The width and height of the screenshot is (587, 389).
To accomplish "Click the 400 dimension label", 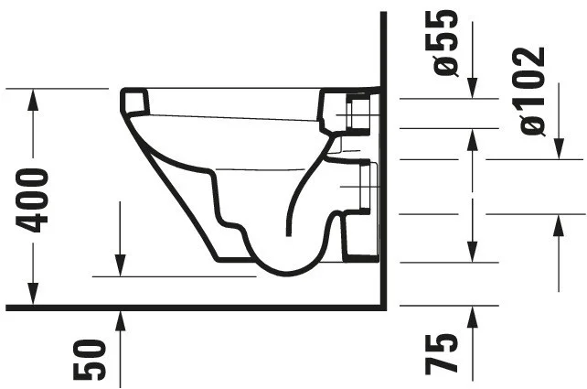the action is pos(32,200).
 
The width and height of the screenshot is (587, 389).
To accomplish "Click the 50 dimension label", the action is pos(90,360).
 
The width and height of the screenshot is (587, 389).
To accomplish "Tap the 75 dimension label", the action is pos(442,354).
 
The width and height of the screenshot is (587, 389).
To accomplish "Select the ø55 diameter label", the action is pos(445,43).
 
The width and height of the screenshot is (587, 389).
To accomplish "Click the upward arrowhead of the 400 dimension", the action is pos(33,100).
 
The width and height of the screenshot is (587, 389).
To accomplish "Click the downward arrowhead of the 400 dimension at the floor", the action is pos(33,294).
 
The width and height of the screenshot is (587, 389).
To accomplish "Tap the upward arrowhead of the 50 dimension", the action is pos(120,320).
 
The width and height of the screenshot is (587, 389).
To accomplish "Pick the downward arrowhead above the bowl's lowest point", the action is pos(120,265).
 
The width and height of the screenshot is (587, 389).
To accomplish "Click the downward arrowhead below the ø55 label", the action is pos(473,88).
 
